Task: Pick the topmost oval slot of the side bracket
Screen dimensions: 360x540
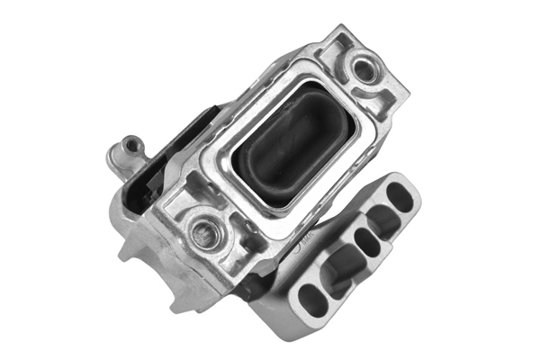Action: coord(401,197)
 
